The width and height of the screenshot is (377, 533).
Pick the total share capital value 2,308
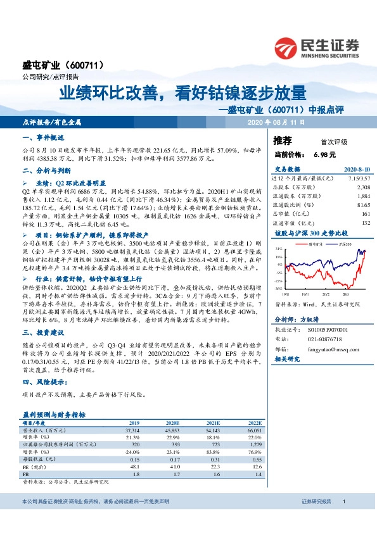click(363, 188)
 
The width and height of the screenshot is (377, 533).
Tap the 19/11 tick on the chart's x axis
click(305, 294)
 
